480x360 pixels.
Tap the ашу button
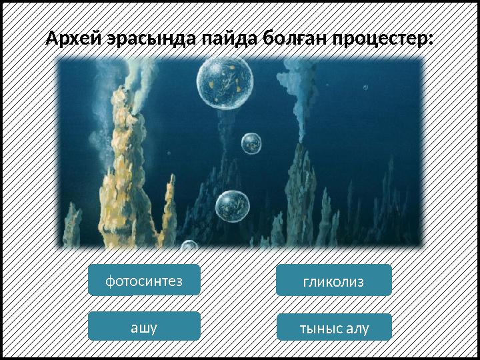(144, 326)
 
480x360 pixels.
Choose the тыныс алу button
(333, 327)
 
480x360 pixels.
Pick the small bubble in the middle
(251, 143)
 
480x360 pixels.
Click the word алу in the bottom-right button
(356, 327)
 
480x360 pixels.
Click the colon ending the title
(429, 40)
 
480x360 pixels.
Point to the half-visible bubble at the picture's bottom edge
(190, 245)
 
